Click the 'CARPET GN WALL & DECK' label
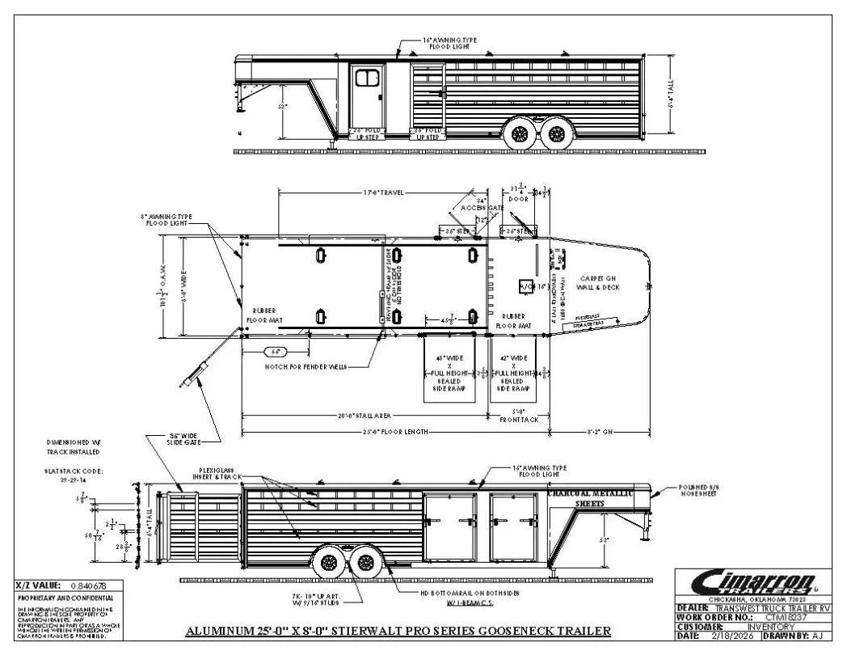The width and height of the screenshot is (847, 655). [x=598, y=282]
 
